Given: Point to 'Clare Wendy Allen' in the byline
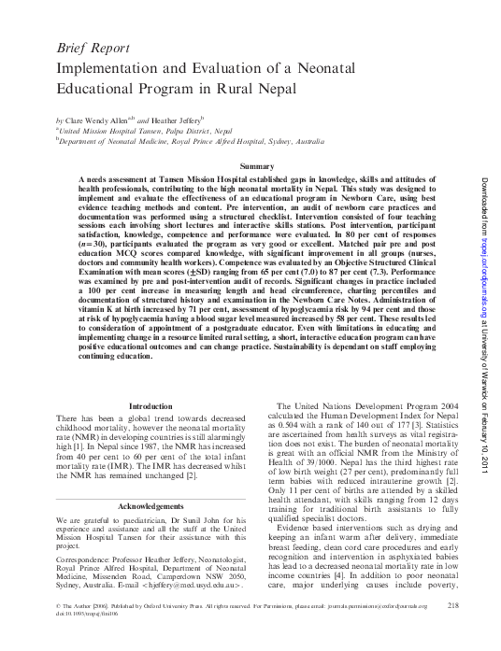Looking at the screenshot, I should click(x=97, y=121).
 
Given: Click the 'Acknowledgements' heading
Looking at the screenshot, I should click(x=150, y=506).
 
